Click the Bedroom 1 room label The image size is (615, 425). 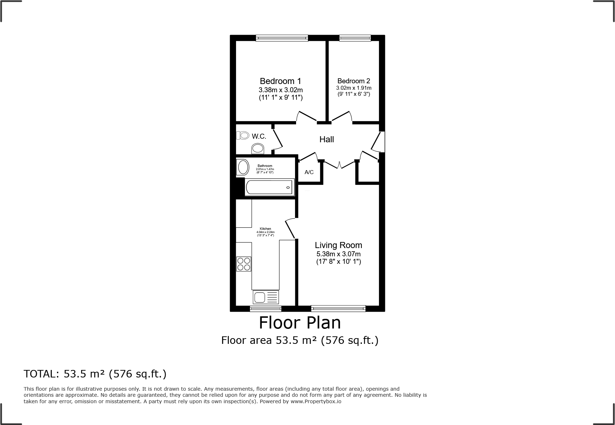[280, 81]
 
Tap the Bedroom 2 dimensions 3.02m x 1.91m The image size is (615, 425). [354, 88]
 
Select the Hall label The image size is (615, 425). [326, 139]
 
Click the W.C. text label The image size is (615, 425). [259, 136]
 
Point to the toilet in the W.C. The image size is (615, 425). [242, 135]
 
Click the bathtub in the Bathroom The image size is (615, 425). [269, 187]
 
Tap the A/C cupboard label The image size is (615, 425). [309, 172]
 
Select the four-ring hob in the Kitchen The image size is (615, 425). [244, 264]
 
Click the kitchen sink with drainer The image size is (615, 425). [266, 297]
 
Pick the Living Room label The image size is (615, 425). [338, 245]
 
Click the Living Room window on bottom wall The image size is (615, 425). [338, 308]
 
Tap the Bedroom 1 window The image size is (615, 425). [282, 38]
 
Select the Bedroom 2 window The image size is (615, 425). [355, 38]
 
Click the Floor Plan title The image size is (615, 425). [300, 323]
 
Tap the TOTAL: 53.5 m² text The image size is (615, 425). [95, 374]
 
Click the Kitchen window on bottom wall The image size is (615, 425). [265, 308]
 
